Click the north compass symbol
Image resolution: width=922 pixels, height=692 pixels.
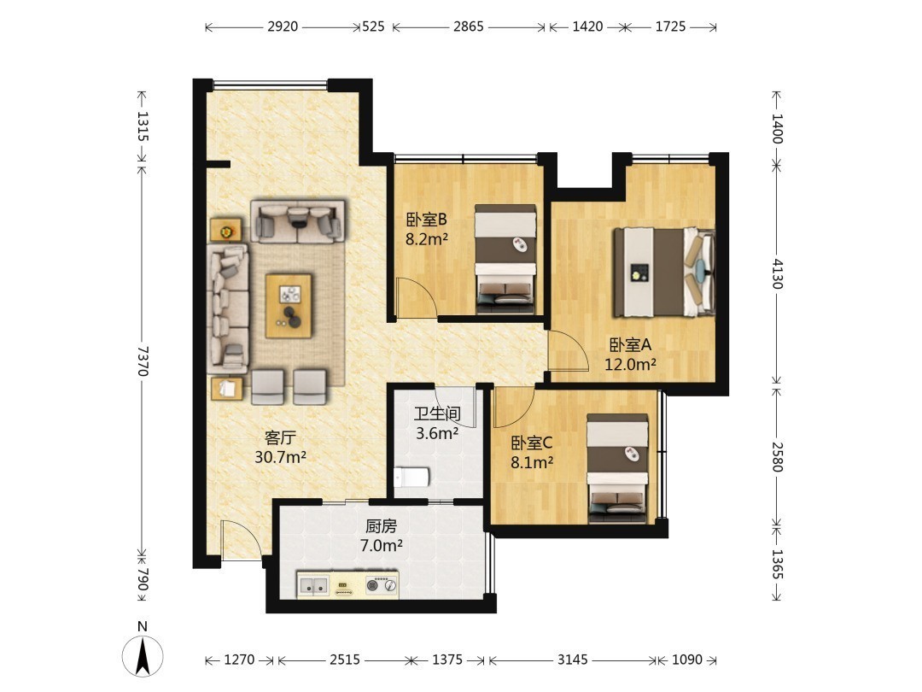point(143,654)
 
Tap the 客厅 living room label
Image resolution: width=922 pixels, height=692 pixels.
point(280,437)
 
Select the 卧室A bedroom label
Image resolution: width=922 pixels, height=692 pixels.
point(630,345)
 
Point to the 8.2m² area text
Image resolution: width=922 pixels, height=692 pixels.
point(427,239)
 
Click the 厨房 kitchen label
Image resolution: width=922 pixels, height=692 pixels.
point(381,525)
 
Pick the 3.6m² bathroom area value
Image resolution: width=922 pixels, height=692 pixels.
point(437,434)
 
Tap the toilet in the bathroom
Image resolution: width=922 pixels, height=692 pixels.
point(411,478)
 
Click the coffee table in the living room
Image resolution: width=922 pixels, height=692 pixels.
point(289,305)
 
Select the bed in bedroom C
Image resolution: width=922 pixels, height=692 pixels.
point(618,468)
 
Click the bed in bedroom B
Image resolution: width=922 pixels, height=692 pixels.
point(505,259)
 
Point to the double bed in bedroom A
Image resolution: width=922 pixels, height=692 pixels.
point(664,273)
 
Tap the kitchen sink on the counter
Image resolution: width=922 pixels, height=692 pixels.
point(313,585)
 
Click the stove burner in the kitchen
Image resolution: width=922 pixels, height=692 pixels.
point(373,585)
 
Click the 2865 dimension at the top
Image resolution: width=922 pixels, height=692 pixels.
point(468,26)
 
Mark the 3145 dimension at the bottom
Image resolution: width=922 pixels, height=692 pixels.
point(572,660)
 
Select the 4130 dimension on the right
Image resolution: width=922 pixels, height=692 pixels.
point(777,273)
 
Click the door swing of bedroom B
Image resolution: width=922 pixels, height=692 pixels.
point(417,298)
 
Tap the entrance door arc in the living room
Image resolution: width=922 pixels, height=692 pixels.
point(241,540)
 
